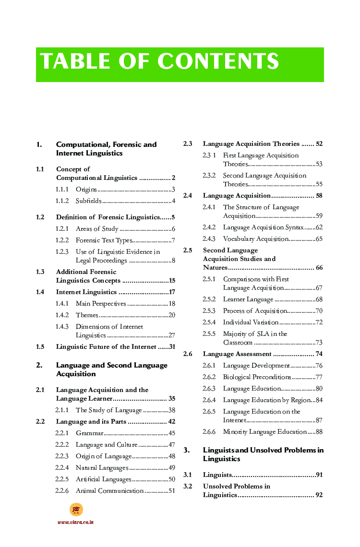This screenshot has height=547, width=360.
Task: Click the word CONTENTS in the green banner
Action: click(218, 62)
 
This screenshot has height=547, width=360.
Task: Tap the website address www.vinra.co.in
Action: click(75, 522)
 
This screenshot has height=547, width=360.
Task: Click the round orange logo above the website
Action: click(76, 510)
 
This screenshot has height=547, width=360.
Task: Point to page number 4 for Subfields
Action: click(173, 201)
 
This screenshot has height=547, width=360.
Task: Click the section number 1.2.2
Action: click(62, 240)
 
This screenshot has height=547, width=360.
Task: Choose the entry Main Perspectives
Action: click(101, 304)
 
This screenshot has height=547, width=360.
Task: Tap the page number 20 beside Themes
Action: click(171, 315)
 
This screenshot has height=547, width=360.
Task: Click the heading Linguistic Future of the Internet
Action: click(106, 346)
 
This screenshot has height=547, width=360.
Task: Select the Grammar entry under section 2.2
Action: click(89, 433)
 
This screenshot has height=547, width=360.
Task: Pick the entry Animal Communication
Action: click(109, 491)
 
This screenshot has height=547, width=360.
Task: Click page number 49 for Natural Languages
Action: click(171, 468)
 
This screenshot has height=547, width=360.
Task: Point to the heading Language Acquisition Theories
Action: click(251, 144)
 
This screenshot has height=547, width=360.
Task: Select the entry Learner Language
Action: click(248, 299)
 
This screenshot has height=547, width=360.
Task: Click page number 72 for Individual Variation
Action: click(319, 322)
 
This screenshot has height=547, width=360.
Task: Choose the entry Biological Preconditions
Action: click(257, 377)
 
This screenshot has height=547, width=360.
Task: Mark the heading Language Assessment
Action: click(237, 354)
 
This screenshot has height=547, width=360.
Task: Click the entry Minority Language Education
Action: click(264, 432)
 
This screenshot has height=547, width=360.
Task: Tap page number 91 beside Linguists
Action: click(319, 475)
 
